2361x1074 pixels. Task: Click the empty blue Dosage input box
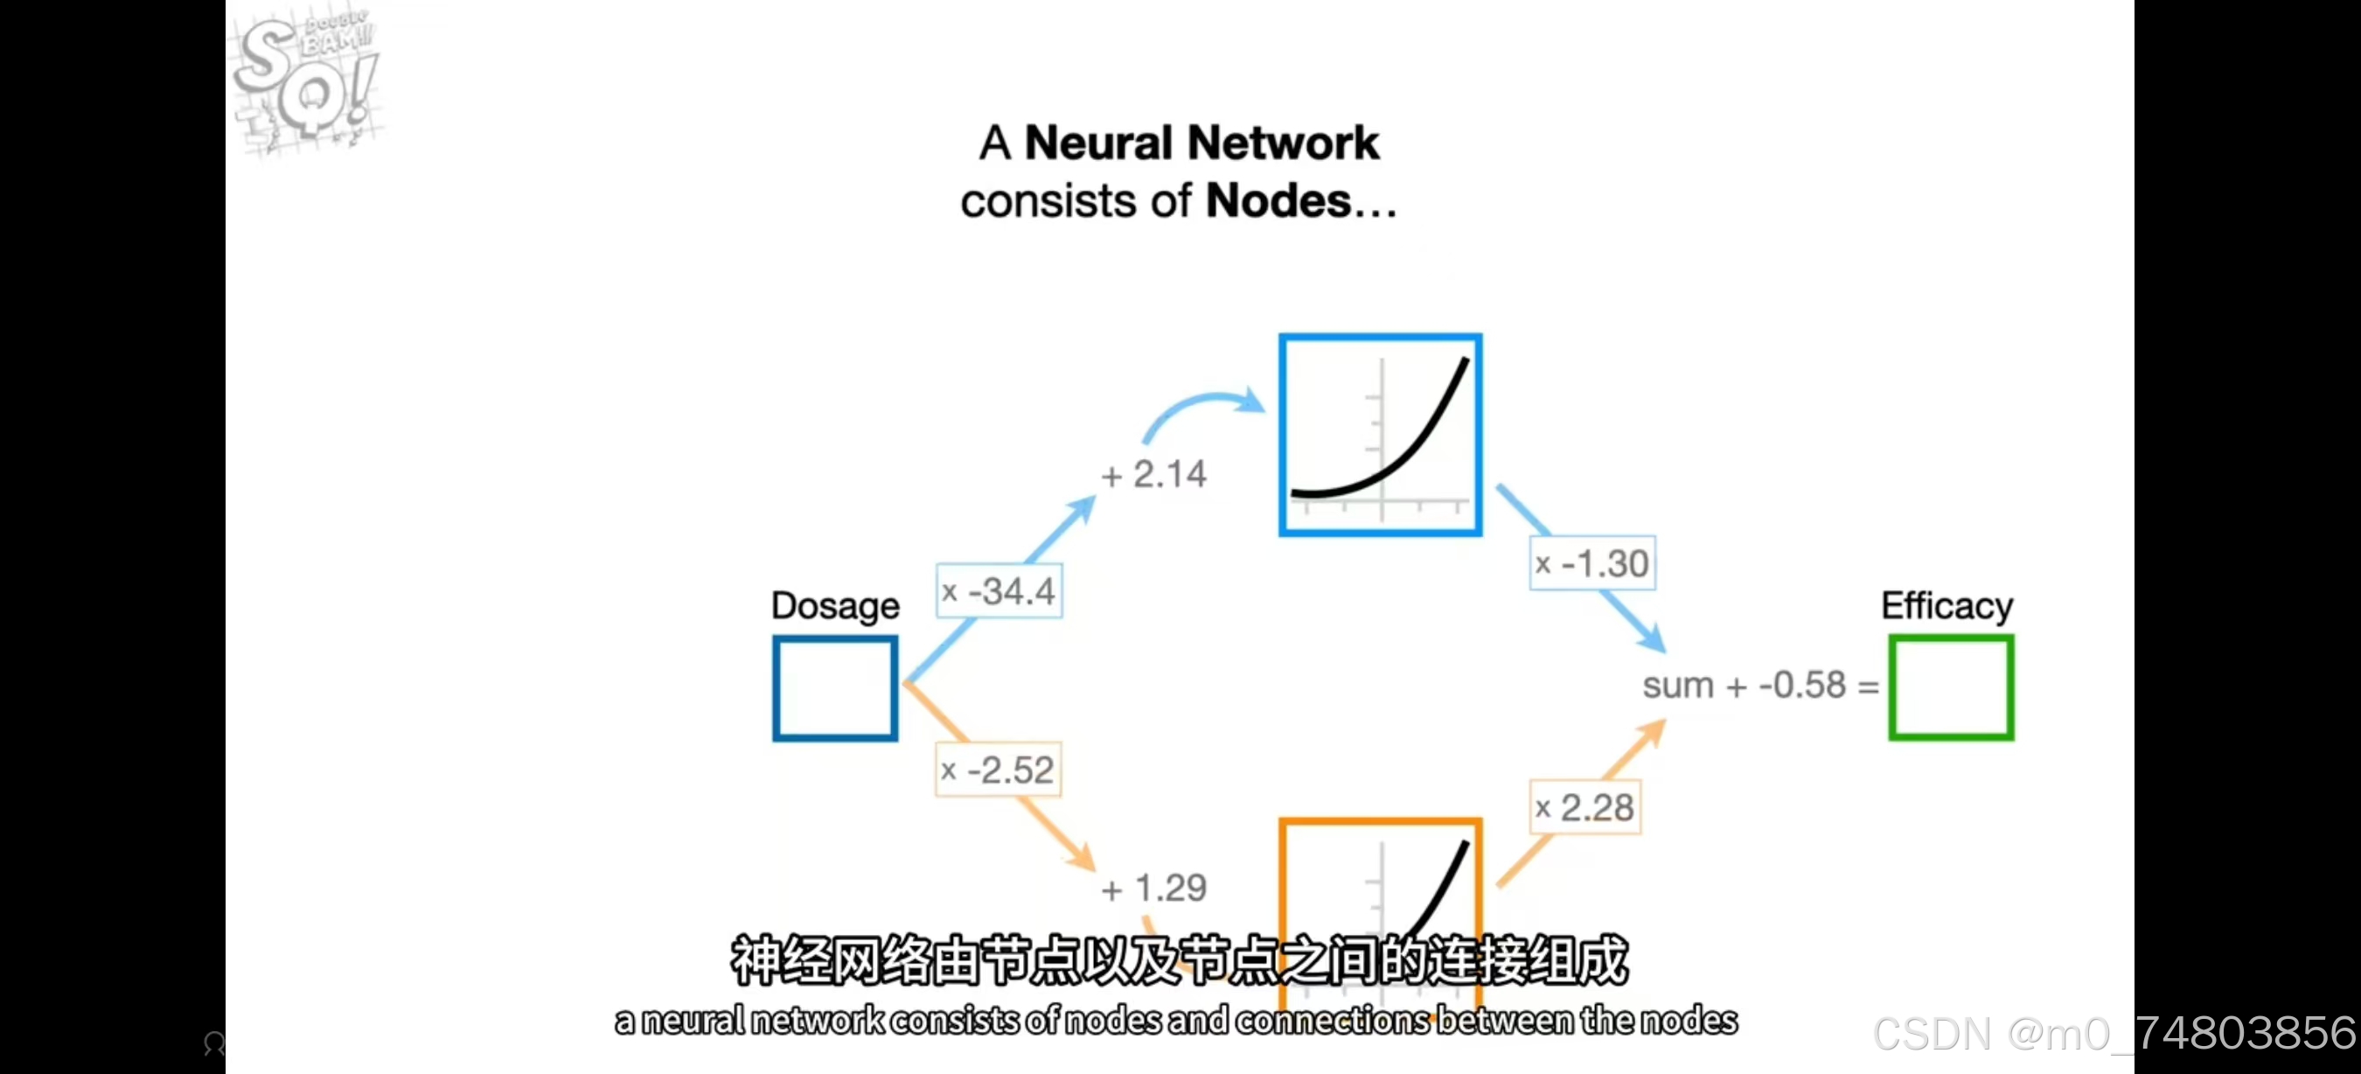pos(834,687)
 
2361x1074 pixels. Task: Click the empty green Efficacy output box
pos(1950,687)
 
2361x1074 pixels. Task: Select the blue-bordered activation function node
pos(1379,435)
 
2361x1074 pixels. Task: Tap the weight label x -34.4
pos(999,591)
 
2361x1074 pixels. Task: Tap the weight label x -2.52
pos(998,770)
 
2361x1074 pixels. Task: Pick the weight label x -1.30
pos(1592,562)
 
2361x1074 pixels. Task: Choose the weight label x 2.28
pos(1584,807)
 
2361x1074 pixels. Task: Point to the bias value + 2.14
pos(1154,475)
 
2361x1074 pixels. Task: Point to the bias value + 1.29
pos(1154,887)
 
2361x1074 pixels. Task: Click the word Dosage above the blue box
pos(835,606)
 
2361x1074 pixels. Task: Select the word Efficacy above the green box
pos(1947,606)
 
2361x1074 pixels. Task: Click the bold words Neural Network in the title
pos(1201,143)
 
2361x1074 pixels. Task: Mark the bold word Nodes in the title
pos(1278,200)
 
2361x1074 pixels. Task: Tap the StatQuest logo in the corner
pos(306,80)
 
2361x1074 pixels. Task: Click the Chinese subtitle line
pos(1179,959)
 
